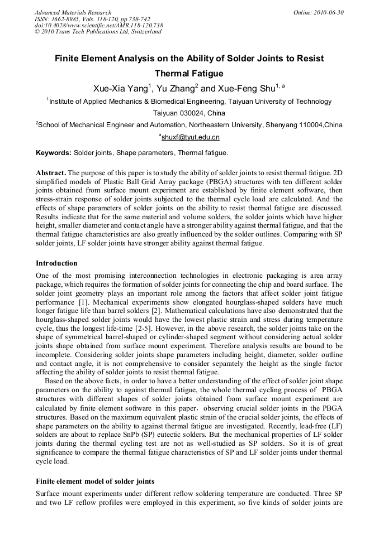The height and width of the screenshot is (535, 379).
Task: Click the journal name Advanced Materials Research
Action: click(73, 12)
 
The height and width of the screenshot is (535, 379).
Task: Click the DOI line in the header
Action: click(99, 25)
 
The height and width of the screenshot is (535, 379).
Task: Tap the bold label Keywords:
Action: click(54, 153)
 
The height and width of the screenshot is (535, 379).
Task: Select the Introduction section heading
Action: click(56, 263)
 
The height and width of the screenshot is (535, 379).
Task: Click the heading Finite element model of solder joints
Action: click(95, 481)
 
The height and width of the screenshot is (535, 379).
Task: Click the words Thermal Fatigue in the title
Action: click(189, 74)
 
